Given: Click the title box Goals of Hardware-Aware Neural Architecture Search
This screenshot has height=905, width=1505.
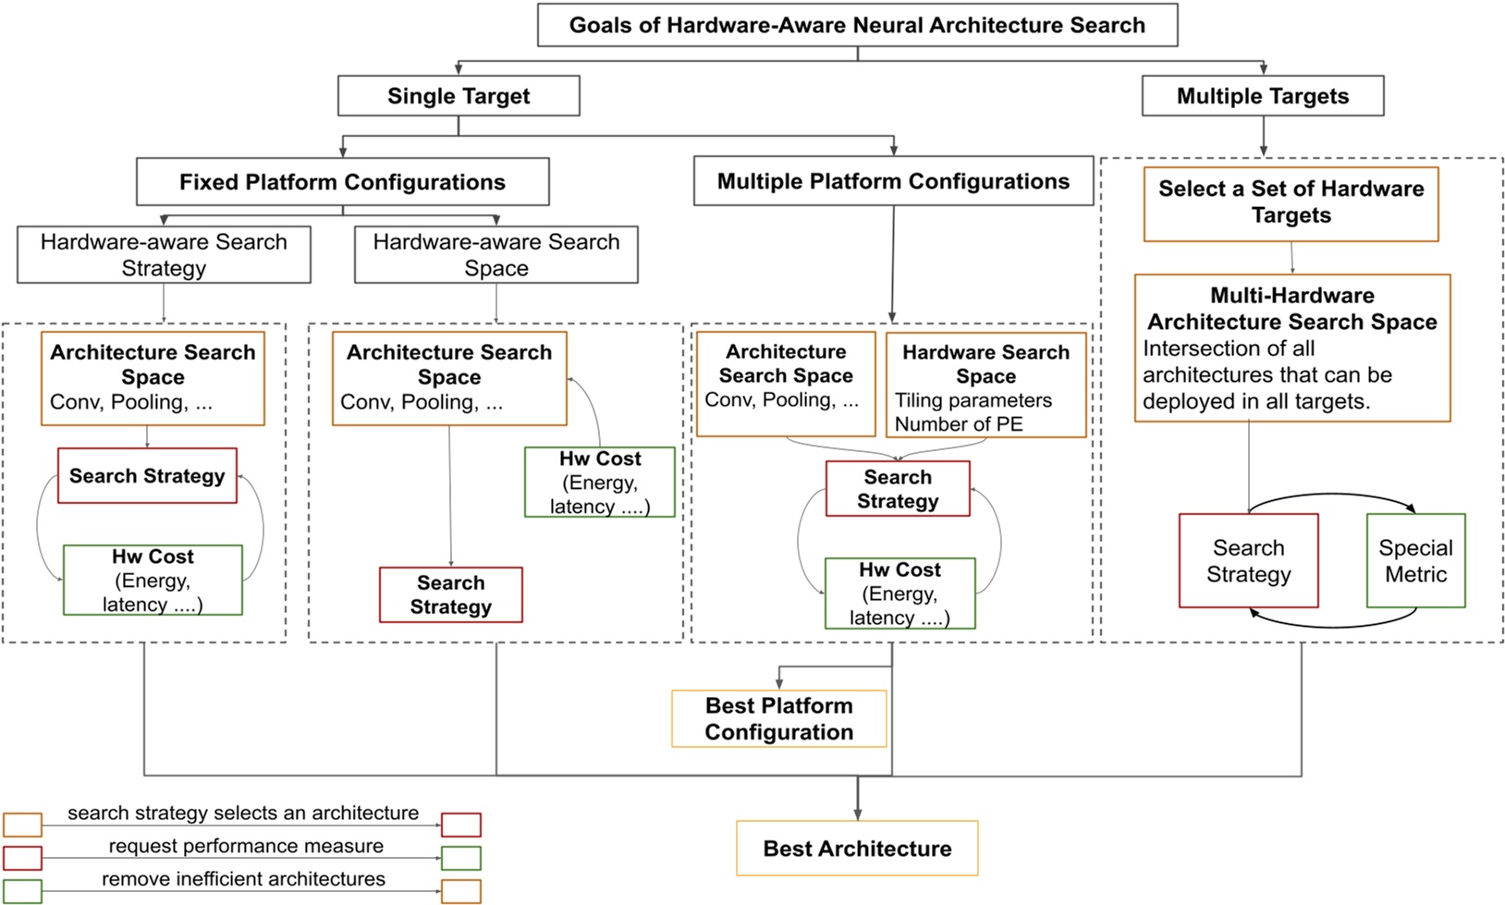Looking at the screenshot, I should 857,25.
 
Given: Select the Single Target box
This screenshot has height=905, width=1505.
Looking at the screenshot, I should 459,96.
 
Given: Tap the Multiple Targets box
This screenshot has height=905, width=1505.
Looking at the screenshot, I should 1262,96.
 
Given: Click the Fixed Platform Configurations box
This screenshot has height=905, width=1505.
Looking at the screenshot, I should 342,182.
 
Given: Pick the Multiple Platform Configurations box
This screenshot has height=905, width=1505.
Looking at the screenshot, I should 893,181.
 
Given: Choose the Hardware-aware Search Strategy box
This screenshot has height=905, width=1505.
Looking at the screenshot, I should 164,255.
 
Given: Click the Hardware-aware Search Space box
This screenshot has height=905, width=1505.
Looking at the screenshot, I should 496,255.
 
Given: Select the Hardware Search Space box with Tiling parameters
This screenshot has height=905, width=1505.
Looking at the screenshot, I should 985,385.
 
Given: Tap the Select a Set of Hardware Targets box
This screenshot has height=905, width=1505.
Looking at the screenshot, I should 1291,203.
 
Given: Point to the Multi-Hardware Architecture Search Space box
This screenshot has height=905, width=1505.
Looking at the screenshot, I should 1291,348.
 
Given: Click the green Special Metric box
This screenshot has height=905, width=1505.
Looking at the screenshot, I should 1415,561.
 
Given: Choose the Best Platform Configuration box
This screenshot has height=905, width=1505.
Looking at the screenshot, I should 778,718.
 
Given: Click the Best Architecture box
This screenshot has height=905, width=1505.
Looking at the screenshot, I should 857,849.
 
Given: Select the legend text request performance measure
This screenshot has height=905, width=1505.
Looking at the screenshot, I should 245,846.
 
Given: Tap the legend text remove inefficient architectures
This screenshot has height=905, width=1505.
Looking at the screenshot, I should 243,879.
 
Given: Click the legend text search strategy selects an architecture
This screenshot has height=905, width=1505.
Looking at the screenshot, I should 243,813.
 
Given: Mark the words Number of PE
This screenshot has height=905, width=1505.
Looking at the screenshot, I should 959,424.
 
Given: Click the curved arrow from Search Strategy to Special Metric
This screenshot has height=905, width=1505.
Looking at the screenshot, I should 1331,496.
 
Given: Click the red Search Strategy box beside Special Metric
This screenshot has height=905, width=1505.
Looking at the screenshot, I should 1248,561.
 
